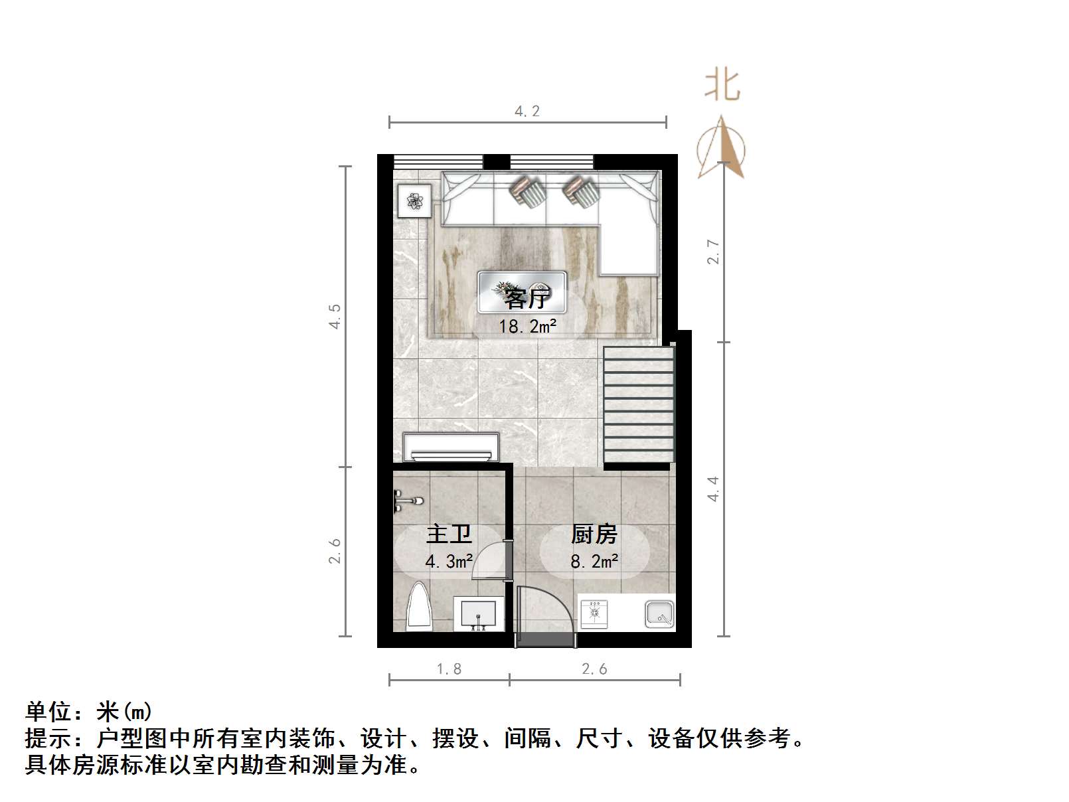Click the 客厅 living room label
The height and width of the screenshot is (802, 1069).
(x=526, y=299)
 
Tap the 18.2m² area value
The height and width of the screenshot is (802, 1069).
(x=527, y=326)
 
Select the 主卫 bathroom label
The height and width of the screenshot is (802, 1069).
(x=449, y=534)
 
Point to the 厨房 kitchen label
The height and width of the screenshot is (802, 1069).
(x=594, y=534)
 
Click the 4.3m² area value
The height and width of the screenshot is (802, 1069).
(x=449, y=562)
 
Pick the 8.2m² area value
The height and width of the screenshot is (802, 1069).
(x=594, y=562)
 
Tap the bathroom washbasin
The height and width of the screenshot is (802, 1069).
(x=477, y=612)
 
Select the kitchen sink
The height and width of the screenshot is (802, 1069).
(x=659, y=613)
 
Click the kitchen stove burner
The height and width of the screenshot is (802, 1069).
(x=594, y=613)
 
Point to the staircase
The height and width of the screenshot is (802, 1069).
(x=639, y=405)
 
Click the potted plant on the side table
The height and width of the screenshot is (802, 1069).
(x=414, y=200)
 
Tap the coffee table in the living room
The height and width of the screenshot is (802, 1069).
(x=522, y=292)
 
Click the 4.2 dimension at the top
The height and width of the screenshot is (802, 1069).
(x=527, y=111)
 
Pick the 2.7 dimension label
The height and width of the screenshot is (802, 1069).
(x=713, y=252)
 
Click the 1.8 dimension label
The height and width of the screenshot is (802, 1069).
(x=449, y=669)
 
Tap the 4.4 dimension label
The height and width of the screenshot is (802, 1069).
(x=713, y=489)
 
